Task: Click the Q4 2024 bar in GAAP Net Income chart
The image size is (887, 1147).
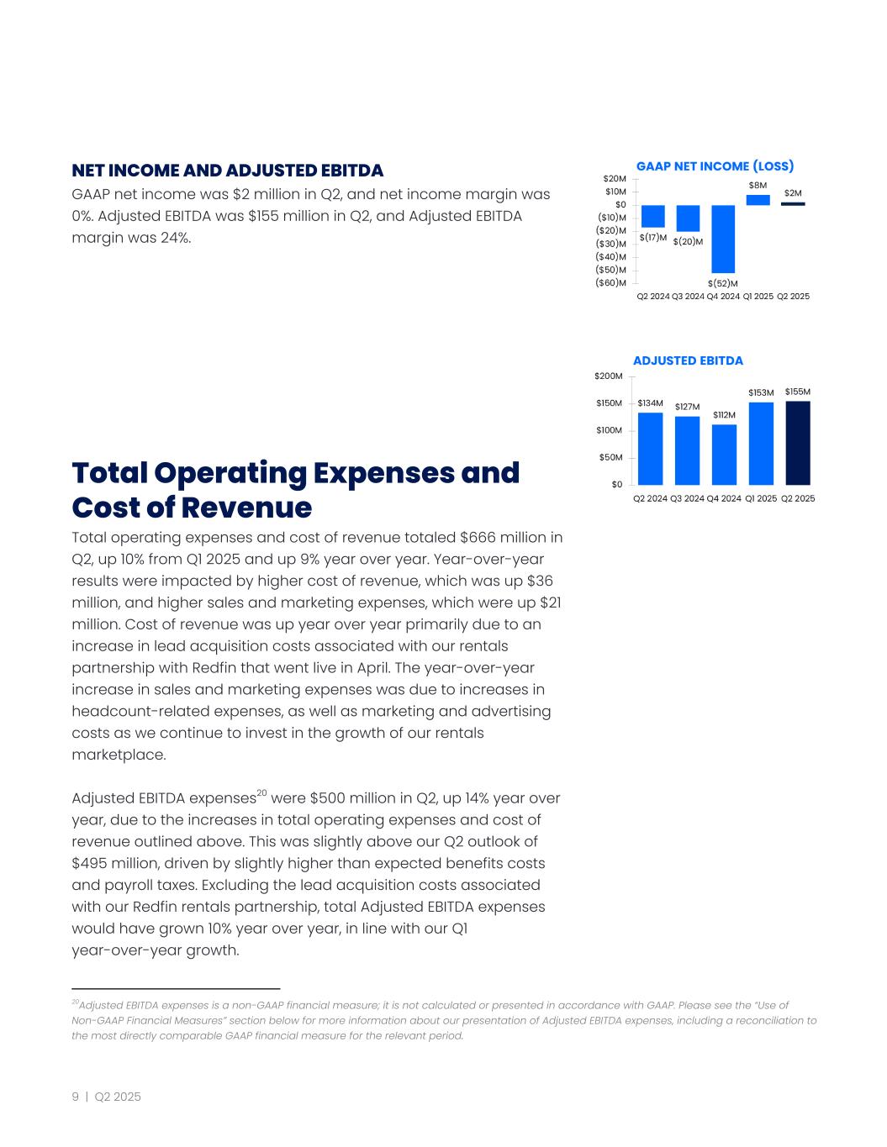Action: pyautogui.click(x=723, y=239)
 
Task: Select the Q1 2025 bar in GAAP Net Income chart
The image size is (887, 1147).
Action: pyautogui.click(x=758, y=200)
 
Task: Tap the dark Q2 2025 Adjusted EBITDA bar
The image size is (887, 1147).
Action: pyautogui.click(x=798, y=443)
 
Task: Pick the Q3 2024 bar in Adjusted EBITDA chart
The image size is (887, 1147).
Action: pyautogui.click(x=687, y=450)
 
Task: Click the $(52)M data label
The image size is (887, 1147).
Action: pyautogui.click(x=722, y=283)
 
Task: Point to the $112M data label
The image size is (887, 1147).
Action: pyautogui.click(x=724, y=415)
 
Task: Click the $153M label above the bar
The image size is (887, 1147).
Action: pyautogui.click(x=761, y=392)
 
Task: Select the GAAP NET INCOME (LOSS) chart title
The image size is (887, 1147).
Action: pyautogui.click(x=715, y=166)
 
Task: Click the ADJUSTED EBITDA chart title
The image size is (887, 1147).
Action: pyautogui.click(x=688, y=360)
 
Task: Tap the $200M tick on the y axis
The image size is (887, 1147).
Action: pyautogui.click(x=610, y=376)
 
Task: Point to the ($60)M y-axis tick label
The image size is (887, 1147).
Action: pyautogui.click(x=610, y=282)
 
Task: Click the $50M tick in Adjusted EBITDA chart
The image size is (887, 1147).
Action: pyautogui.click(x=611, y=458)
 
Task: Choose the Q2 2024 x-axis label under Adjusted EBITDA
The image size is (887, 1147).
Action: pyautogui.click(x=650, y=498)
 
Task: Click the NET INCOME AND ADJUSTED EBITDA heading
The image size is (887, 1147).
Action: pyautogui.click(x=227, y=171)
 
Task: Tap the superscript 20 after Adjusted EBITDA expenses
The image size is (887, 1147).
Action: pyautogui.click(x=261, y=792)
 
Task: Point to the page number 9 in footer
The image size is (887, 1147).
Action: pyautogui.click(x=76, y=1097)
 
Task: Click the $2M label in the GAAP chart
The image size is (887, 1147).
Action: pyautogui.click(x=792, y=193)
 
